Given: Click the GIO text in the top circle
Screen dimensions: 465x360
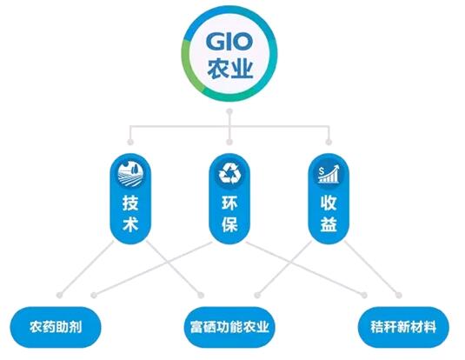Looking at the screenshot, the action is point(229,42).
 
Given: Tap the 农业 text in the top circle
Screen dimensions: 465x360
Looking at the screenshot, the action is point(229,69).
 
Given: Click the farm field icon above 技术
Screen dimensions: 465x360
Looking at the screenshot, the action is point(130,174).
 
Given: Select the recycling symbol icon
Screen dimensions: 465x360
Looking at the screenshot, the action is point(229,174).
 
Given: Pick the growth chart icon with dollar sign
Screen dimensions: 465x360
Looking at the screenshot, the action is point(329,174).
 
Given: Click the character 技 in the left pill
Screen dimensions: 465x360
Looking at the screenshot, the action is point(130,203).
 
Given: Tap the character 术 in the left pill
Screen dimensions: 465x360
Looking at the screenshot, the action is point(130,223).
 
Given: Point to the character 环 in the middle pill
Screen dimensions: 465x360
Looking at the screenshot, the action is point(229,203).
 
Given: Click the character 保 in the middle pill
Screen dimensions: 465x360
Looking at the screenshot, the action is point(229,223).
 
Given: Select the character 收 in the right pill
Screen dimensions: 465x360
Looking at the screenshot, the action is point(329,203).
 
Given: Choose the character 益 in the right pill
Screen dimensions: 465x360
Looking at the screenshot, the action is point(329,223).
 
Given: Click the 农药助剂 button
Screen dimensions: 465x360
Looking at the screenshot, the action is point(56,327).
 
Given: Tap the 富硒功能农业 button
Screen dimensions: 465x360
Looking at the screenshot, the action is point(229,327).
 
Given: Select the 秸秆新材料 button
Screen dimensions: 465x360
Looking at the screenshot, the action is point(403,327).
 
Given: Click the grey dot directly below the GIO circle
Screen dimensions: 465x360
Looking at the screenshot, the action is point(229,111).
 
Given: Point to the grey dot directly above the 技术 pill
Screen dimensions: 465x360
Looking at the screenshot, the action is point(130,142).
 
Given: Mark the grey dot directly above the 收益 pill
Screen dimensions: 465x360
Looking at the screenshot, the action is point(329,142).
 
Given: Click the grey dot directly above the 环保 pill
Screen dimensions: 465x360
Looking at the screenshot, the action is point(229,142).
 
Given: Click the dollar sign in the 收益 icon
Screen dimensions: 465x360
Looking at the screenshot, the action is point(322,171).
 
